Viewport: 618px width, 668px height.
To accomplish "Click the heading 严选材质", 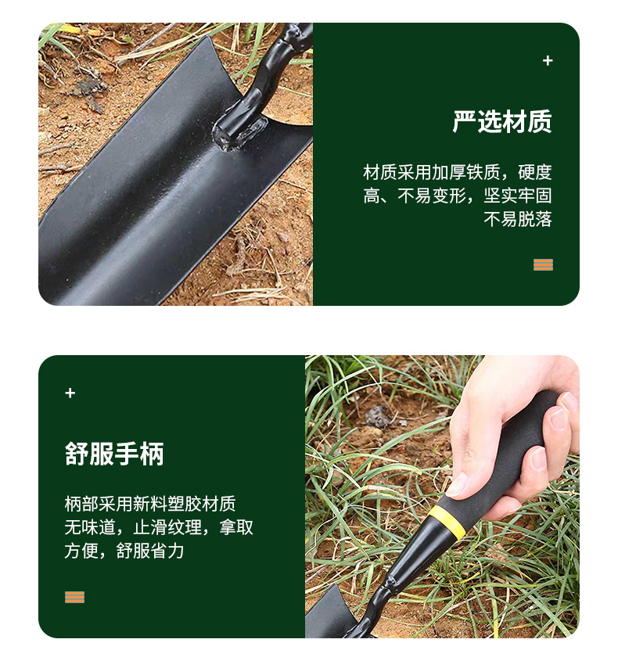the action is tap(502, 121).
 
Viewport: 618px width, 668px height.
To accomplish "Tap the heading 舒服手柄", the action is tap(114, 454).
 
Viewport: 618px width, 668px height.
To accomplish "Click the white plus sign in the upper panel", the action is tap(548, 61).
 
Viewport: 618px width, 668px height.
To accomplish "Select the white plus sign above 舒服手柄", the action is tap(70, 393).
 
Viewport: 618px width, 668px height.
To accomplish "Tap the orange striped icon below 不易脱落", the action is tap(543, 264).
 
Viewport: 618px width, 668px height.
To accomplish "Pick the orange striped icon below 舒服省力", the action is tap(74, 597).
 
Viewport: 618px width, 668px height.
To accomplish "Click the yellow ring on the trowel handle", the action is tap(447, 522).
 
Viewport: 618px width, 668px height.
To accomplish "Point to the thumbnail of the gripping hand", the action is tap(515, 435).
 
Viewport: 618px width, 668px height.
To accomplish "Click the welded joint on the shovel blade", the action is tap(241, 132).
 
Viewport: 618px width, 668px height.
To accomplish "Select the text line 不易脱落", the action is tap(517, 219).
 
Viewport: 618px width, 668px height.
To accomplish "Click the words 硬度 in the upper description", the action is tap(535, 172).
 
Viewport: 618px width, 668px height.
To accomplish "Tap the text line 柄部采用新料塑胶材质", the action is tap(150, 504).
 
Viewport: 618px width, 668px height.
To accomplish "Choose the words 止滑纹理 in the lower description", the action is tap(167, 527).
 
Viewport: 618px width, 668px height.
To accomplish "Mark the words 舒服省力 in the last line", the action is tap(150, 551).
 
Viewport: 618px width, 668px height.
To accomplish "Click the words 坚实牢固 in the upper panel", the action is tap(518, 196).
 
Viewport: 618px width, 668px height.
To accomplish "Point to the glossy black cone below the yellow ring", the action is tap(418, 550).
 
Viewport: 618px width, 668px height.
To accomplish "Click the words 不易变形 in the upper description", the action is tap(432, 196).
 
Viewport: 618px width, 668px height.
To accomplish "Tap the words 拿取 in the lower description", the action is tap(236, 527).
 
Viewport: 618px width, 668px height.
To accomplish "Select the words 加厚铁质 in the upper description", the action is tap(465, 172).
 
